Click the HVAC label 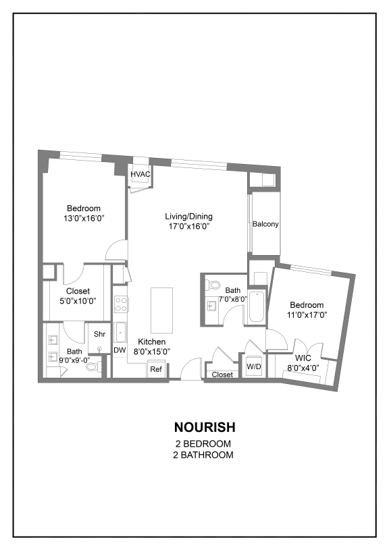pos(140,174)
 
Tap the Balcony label pos(266,224)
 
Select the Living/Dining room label pos(189,217)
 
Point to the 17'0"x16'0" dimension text pos(189,227)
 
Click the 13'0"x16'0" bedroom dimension pos(84,219)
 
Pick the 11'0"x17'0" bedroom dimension pos(307,315)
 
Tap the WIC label pos(303,358)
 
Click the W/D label pos(254,367)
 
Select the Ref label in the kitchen pos(156,369)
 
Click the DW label pos(120,350)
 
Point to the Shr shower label pos(100,334)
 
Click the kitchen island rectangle pos(162,311)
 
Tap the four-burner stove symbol pos(121,304)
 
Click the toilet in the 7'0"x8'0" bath pos(213,285)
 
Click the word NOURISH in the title pos(205,427)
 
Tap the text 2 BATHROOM pos(203,456)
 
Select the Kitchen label pos(152,341)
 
